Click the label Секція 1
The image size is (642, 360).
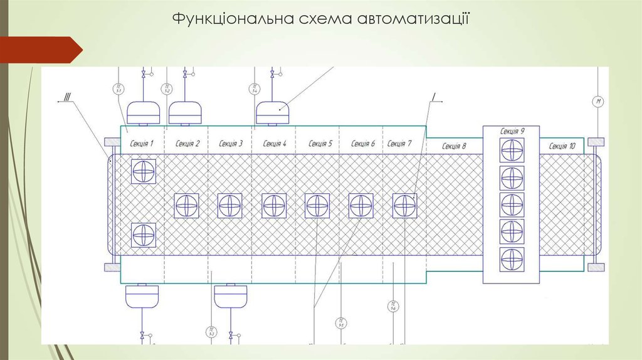142,144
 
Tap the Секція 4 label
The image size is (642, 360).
275,144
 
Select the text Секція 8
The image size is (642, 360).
454,146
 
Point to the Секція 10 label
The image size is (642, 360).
562,146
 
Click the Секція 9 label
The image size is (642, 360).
512,131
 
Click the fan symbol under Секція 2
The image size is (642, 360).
187,205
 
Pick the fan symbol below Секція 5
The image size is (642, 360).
317,205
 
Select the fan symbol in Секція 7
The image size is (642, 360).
404,205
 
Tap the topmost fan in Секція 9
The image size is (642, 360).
512,151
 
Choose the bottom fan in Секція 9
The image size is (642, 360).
512,259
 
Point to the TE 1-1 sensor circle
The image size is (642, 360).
118,89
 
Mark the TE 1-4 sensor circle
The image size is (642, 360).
255,89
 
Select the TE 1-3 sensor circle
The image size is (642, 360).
211,331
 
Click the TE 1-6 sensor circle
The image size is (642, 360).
392,307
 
